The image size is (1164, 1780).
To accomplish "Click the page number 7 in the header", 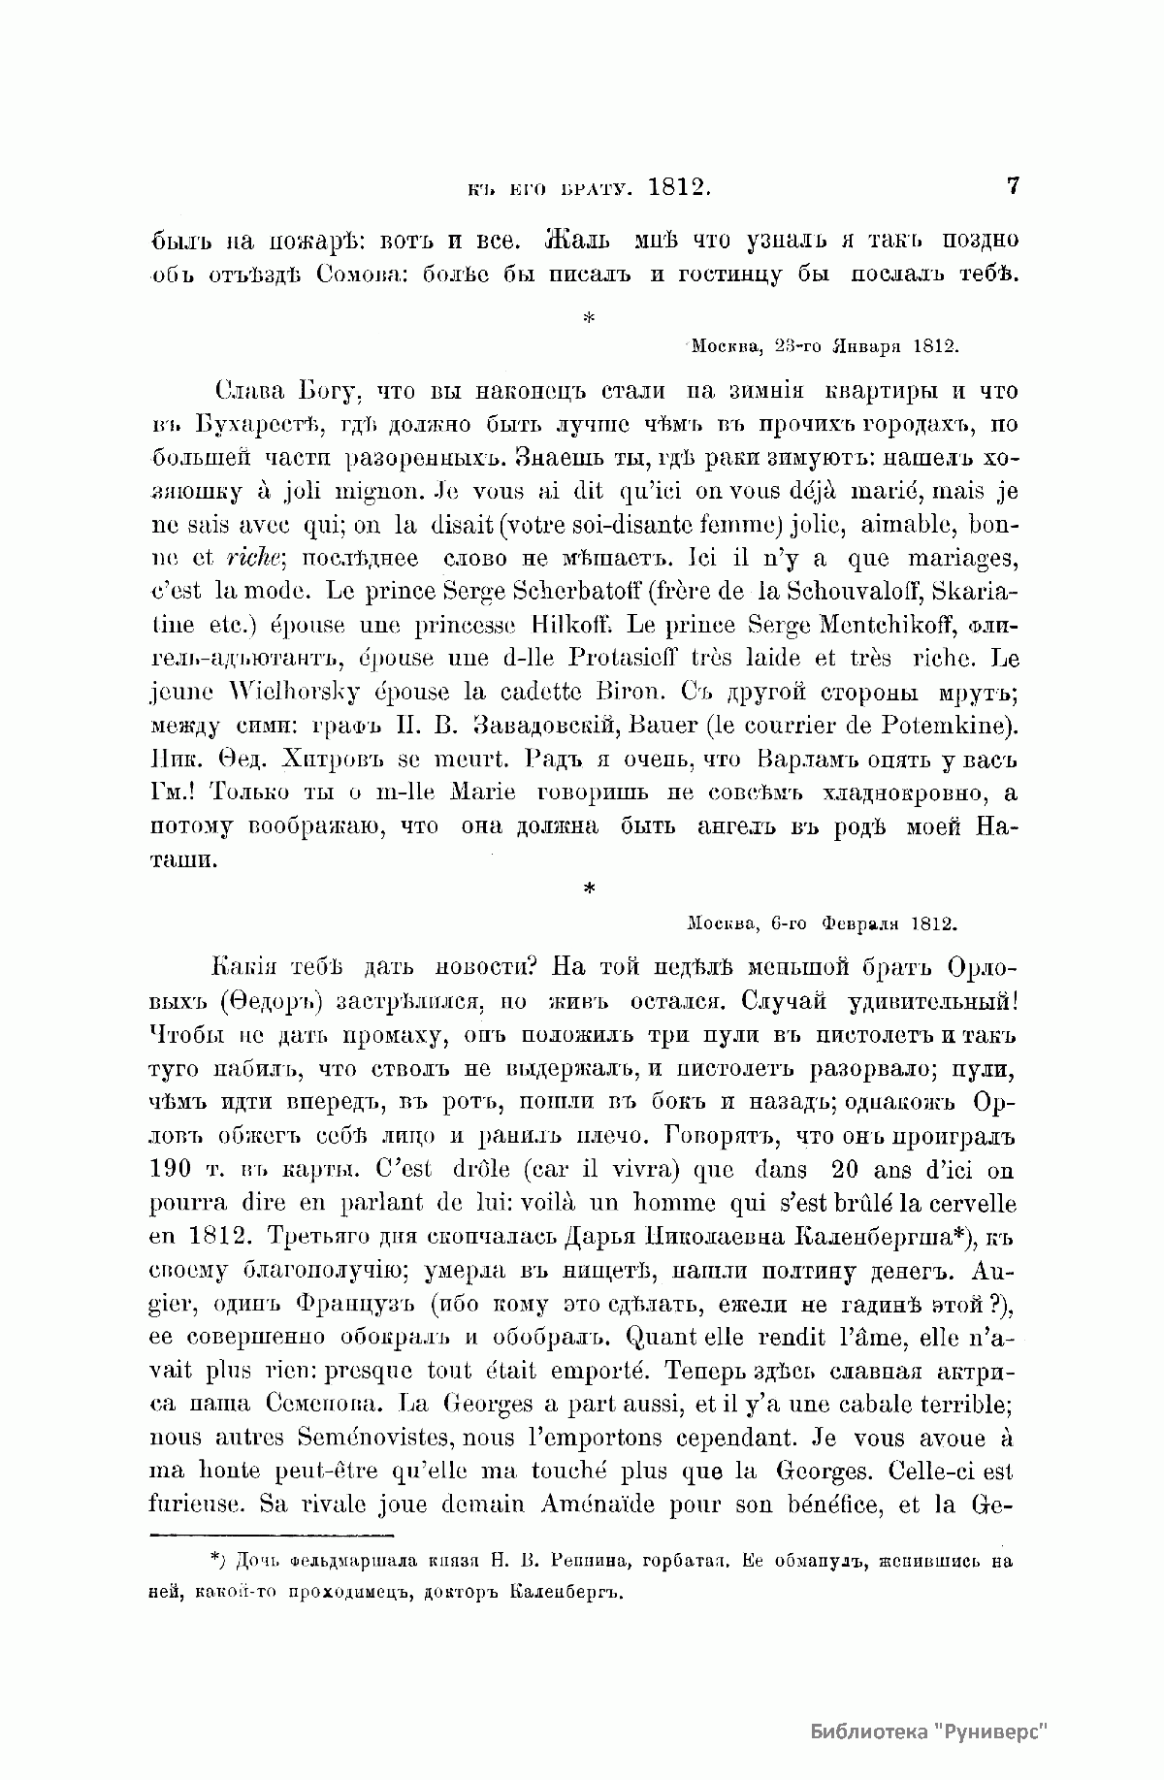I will (1013, 185).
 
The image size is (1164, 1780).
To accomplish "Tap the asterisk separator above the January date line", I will (588, 316).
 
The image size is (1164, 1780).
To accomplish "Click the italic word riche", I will (253, 559).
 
